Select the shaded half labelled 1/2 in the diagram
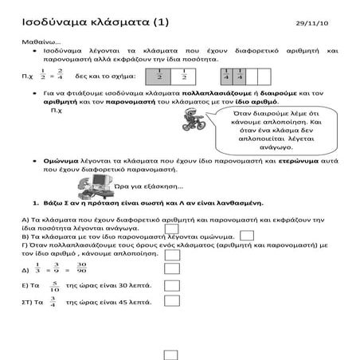(159, 77)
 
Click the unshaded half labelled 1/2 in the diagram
(183, 77)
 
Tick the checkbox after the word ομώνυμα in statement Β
(247, 236)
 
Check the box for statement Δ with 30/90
(171, 266)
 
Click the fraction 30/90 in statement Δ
(81, 267)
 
